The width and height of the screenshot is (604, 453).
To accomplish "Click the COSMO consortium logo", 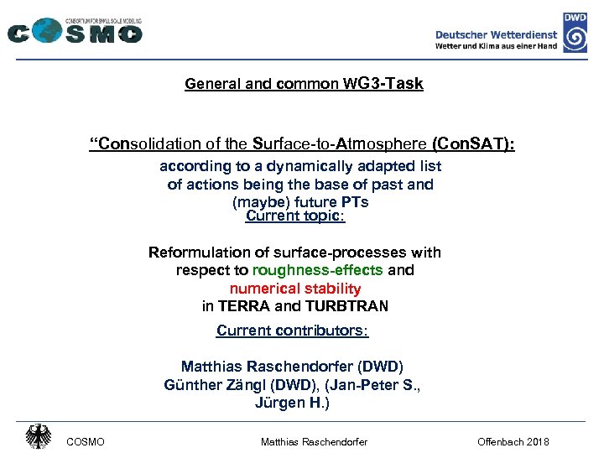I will point(74,31).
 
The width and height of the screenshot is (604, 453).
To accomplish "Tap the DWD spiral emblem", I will point(575,38).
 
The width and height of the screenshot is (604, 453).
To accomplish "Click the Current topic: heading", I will point(295,216).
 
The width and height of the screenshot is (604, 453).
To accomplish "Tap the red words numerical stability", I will point(295,289).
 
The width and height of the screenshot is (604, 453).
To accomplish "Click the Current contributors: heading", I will point(293,331).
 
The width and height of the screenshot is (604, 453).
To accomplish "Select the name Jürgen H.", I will point(291,403).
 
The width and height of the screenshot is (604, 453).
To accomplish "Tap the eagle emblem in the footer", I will point(38,437).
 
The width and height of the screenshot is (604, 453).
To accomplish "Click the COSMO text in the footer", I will point(85,441).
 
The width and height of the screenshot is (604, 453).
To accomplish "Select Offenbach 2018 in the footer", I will point(513,441).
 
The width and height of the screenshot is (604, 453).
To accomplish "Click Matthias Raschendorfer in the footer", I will point(314,441).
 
